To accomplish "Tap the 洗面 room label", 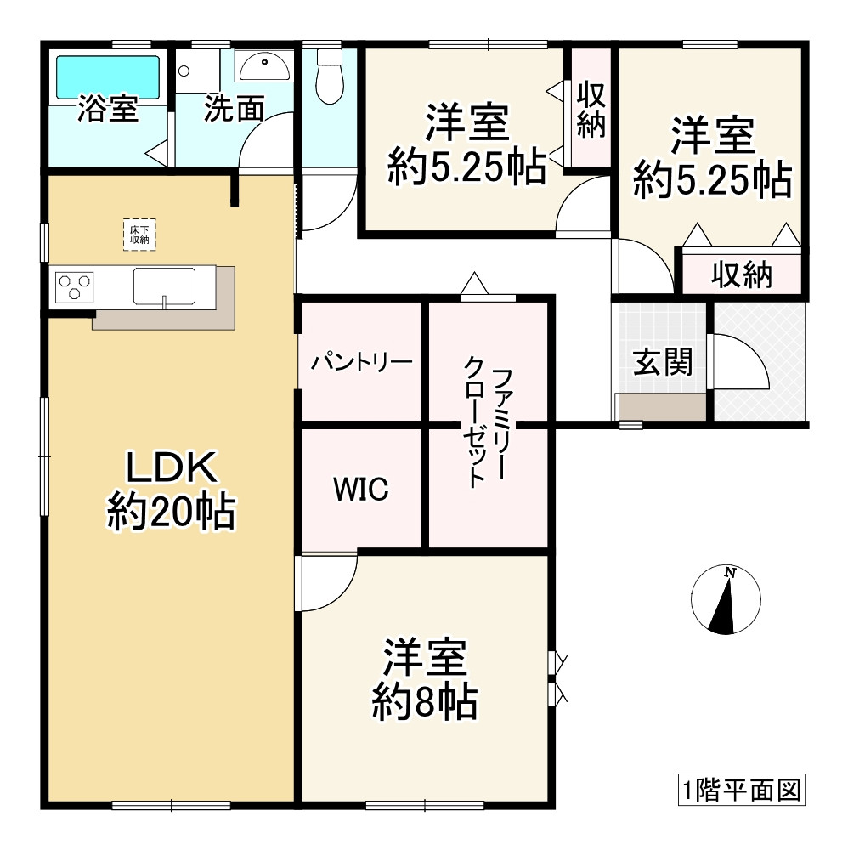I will pyautogui.click(x=233, y=110).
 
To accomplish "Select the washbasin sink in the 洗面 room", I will pyautogui.click(x=263, y=64).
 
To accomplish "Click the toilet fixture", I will pyautogui.click(x=329, y=77).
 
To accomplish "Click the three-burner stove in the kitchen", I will pyautogui.click(x=74, y=286).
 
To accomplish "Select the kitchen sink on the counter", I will pyautogui.click(x=164, y=286).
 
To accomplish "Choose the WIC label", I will pyautogui.click(x=361, y=489).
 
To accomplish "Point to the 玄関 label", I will pyautogui.click(x=663, y=363).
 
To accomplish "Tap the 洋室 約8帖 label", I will pyautogui.click(x=424, y=679).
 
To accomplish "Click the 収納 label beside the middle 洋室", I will pyautogui.click(x=591, y=109).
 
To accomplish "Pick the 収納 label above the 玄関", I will pyautogui.click(x=741, y=275).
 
